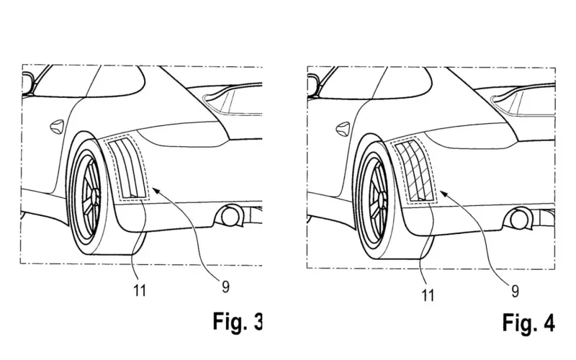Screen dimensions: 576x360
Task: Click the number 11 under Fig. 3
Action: (140, 291)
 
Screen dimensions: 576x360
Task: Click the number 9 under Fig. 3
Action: (225, 287)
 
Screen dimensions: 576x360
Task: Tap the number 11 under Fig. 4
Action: (428, 295)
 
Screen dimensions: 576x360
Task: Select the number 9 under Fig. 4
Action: (515, 292)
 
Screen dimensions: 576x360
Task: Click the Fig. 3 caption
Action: (238, 321)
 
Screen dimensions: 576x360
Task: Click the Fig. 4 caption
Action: (528, 323)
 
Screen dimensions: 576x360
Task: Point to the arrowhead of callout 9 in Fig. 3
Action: (155, 190)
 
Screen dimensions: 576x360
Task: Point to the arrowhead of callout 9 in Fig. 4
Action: (444, 193)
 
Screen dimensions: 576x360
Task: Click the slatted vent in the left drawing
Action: (127, 168)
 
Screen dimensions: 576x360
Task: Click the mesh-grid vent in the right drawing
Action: (415, 171)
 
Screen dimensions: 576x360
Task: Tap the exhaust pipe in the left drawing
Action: (231, 217)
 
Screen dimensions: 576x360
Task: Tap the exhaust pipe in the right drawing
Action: (518, 220)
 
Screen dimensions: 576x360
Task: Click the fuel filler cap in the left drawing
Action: (57, 127)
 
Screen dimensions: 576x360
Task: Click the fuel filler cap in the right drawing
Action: (343, 129)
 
